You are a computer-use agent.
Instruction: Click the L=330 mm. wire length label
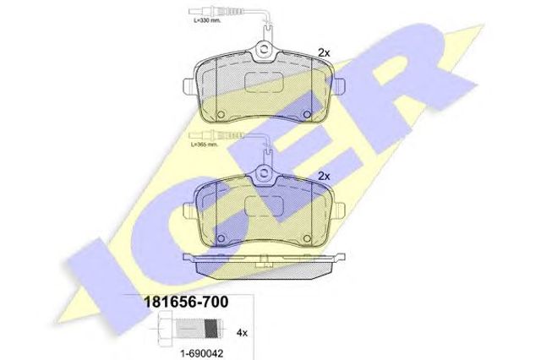206,20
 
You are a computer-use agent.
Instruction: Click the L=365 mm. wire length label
205,145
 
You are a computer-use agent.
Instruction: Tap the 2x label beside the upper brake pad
324,53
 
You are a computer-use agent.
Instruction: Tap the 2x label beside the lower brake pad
324,177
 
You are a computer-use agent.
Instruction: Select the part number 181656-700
186,302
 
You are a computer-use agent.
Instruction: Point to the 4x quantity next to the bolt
243,333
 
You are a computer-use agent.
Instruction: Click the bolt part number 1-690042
202,353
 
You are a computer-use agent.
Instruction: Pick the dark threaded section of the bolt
211,328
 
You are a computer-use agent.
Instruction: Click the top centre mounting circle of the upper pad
264,49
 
